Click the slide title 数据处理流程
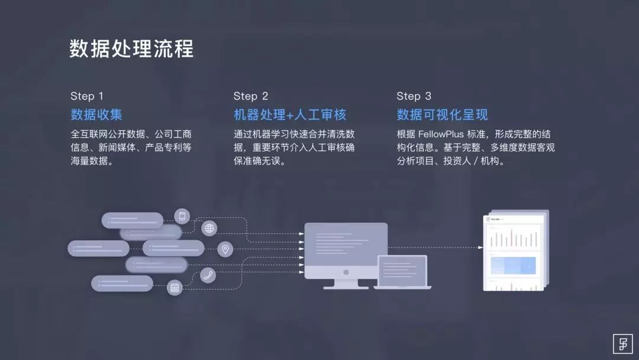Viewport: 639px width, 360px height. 131,49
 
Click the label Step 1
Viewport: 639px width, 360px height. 87,96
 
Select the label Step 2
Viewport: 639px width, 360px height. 250,96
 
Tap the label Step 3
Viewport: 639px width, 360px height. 414,96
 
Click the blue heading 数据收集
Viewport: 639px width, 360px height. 96,114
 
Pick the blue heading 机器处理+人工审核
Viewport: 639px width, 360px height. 290,114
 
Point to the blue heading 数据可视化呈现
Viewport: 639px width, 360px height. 442,114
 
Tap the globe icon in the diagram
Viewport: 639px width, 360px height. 209,228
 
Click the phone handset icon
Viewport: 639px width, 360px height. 208,275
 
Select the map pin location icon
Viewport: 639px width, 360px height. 225,249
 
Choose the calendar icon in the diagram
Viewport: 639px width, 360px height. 175,288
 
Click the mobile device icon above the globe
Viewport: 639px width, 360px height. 182,216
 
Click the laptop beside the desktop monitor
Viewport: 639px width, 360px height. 402,271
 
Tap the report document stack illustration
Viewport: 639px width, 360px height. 514,252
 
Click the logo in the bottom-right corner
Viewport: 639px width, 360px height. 622,343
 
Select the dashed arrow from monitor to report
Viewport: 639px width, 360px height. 435,247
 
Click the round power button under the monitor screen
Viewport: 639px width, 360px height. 346,272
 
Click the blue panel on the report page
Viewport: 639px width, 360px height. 512,265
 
